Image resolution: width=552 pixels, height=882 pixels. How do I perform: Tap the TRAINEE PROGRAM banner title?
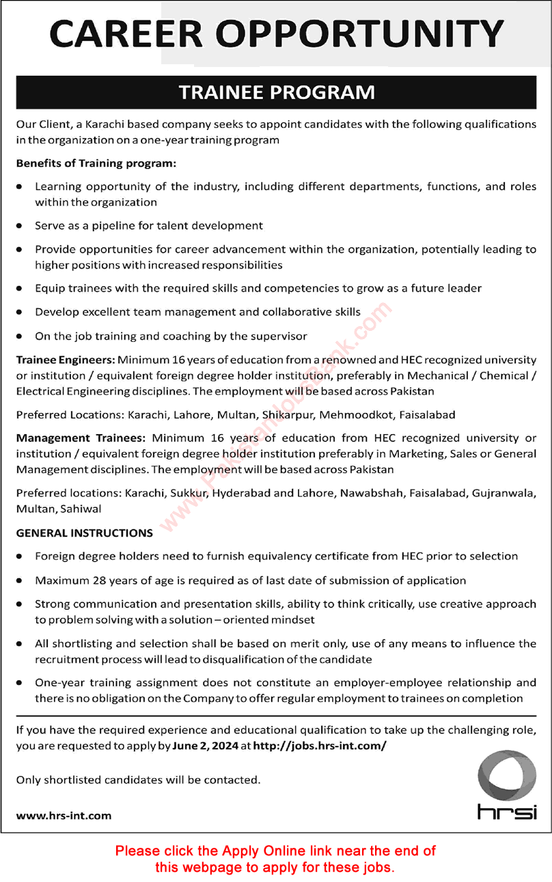(x=277, y=92)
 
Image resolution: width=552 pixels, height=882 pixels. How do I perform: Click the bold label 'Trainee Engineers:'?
(x=66, y=359)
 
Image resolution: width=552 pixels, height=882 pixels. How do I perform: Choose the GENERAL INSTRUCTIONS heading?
(x=85, y=533)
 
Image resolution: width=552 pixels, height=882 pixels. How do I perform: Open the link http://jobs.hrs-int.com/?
(x=320, y=746)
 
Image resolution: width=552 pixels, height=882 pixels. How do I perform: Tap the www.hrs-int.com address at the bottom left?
(x=64, y=815)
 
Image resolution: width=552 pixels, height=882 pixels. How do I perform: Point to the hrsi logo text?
(x=507, y=812)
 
